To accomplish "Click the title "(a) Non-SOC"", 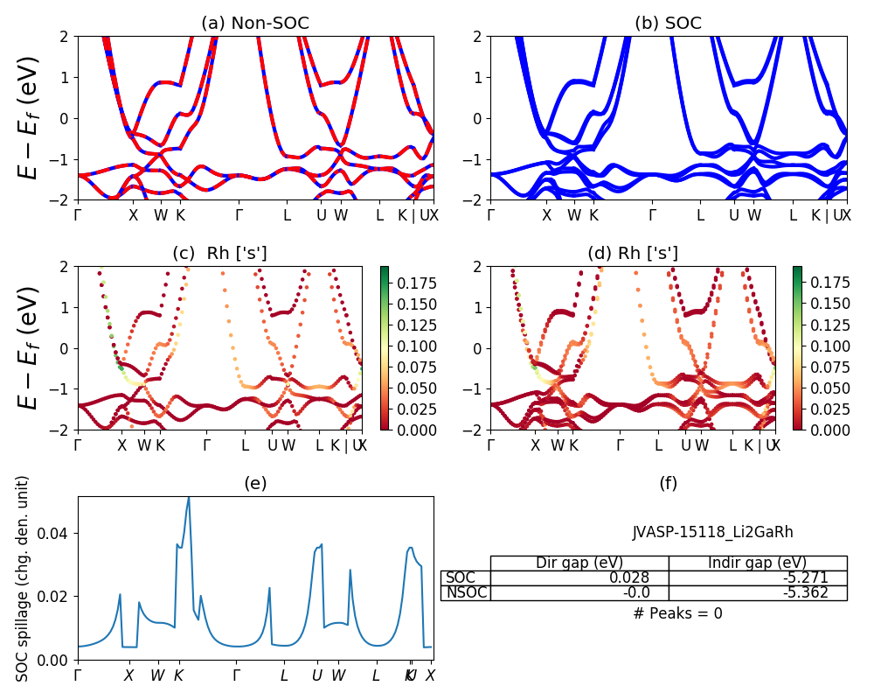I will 254,24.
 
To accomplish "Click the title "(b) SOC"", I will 668,24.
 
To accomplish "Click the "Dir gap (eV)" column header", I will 579,563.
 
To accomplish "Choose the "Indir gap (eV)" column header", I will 758,563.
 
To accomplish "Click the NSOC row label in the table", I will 466,593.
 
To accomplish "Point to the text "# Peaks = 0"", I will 677,613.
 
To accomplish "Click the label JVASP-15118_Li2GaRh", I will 712,532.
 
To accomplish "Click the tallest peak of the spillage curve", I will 188,498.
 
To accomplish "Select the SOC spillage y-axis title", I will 24,578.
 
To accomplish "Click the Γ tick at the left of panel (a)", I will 78,214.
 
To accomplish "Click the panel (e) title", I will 254,483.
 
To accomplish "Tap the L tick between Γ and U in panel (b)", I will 700,214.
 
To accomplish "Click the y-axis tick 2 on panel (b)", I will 480,37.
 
